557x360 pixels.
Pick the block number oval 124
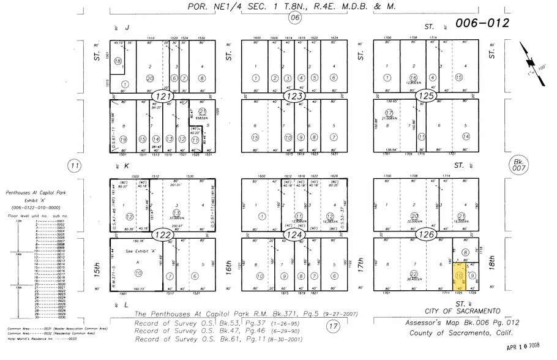pos(294,234)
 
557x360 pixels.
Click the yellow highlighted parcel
pos(459,276)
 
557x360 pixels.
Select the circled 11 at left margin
pos(75,165)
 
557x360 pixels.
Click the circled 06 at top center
pos(295,17)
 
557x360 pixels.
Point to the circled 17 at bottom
pos(333,326)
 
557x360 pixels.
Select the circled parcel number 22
pos(414,274)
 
